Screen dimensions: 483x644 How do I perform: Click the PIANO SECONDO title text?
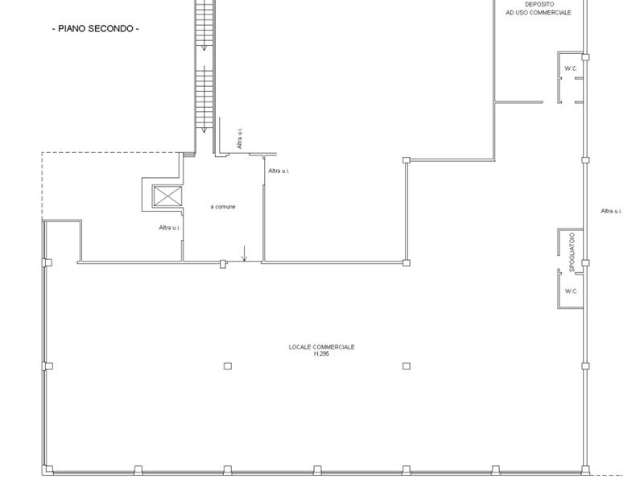[95, 29]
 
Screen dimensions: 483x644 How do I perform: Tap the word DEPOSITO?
[539, 4]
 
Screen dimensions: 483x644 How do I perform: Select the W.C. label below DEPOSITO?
[570, 68]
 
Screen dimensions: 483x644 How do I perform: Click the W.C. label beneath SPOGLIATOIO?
[570, 291]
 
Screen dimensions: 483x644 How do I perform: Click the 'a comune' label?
[223, 207]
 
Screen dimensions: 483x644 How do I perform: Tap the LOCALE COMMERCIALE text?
[321, 347]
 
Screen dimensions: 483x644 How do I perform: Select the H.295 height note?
[322, 353]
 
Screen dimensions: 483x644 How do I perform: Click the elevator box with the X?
[167, 196]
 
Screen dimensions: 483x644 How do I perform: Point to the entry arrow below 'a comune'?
[244, 258]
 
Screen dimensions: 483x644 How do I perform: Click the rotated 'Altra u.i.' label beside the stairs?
[239, 138]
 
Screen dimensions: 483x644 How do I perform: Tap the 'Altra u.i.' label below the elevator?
[169, 228]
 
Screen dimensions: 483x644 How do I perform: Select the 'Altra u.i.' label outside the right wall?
[612, 211]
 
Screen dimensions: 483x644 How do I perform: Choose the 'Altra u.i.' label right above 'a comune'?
[279, 171]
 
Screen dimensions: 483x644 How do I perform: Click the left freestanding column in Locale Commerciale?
[228, 365]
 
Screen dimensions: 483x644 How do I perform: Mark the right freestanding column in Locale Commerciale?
[407, 365]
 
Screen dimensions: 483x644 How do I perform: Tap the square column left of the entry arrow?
[223, 262]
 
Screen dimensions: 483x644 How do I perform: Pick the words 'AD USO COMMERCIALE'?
[539, 13]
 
